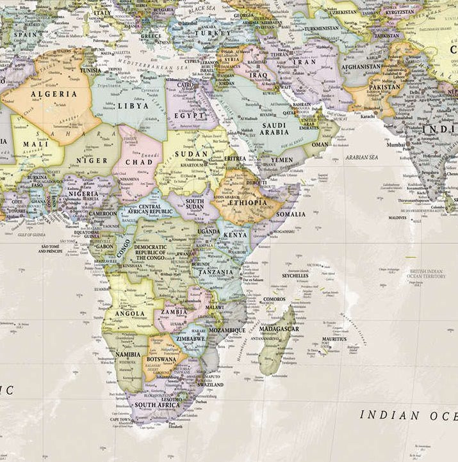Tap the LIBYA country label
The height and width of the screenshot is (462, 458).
pos(133,106)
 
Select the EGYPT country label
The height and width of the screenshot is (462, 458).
pos(190,116)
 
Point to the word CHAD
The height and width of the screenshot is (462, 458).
pos(138,162)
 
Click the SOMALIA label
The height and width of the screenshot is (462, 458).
pos(290,214)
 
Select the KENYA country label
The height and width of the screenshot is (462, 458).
pos(236,235)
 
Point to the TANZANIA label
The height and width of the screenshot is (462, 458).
pos(216,272)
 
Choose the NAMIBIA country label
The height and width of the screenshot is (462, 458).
pos(127,354)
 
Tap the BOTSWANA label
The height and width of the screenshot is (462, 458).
pos(161,359)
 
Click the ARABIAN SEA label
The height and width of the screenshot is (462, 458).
pos(362,157)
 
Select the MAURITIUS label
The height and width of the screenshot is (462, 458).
pos(334,339)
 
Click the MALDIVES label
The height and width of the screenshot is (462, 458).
pos(397,218)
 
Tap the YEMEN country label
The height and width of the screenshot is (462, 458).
pos(282,160)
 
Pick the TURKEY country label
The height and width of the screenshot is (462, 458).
pos(213,33)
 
